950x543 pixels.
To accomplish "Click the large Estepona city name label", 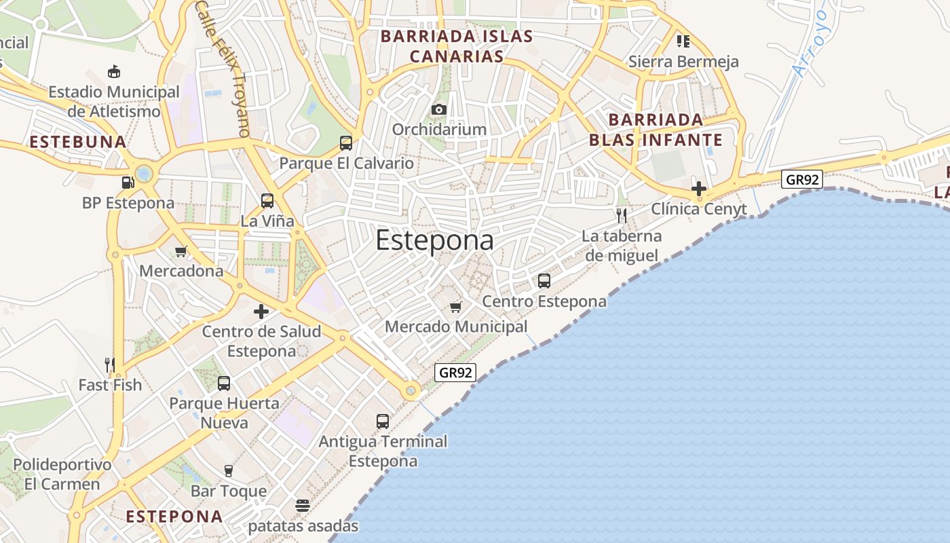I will tap(434, 240).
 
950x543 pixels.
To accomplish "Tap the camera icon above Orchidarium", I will tap(439, 109).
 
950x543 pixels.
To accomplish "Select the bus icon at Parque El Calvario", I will tap(346, 143).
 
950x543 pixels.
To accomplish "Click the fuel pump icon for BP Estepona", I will tap(128, 183).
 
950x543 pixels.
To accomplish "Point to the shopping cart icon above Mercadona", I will tap(180, 251).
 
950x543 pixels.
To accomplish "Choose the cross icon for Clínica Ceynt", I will tap(699, 189).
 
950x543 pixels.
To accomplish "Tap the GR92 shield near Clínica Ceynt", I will tap(802, 179).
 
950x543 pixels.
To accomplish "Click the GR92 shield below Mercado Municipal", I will tap(455, 372).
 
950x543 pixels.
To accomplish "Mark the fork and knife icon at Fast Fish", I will tap(110, 364).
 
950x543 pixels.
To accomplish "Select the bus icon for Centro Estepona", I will tap(544, 280).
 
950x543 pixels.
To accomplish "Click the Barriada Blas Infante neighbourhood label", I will tap(655, 130).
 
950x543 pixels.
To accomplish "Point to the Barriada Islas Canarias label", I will tap(457, 45).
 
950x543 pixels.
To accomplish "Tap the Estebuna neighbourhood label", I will tap(79, 142).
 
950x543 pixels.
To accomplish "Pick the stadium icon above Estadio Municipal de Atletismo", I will tap(114, 71).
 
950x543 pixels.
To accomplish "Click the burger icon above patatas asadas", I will tap(303, 506).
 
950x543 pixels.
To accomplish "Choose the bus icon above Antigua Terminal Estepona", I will tap(383, 421).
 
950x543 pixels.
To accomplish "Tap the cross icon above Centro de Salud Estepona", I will tap(261, 312).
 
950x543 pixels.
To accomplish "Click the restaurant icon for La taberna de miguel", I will tap(622, 216).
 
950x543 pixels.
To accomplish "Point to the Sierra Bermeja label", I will tap(683, 62).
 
